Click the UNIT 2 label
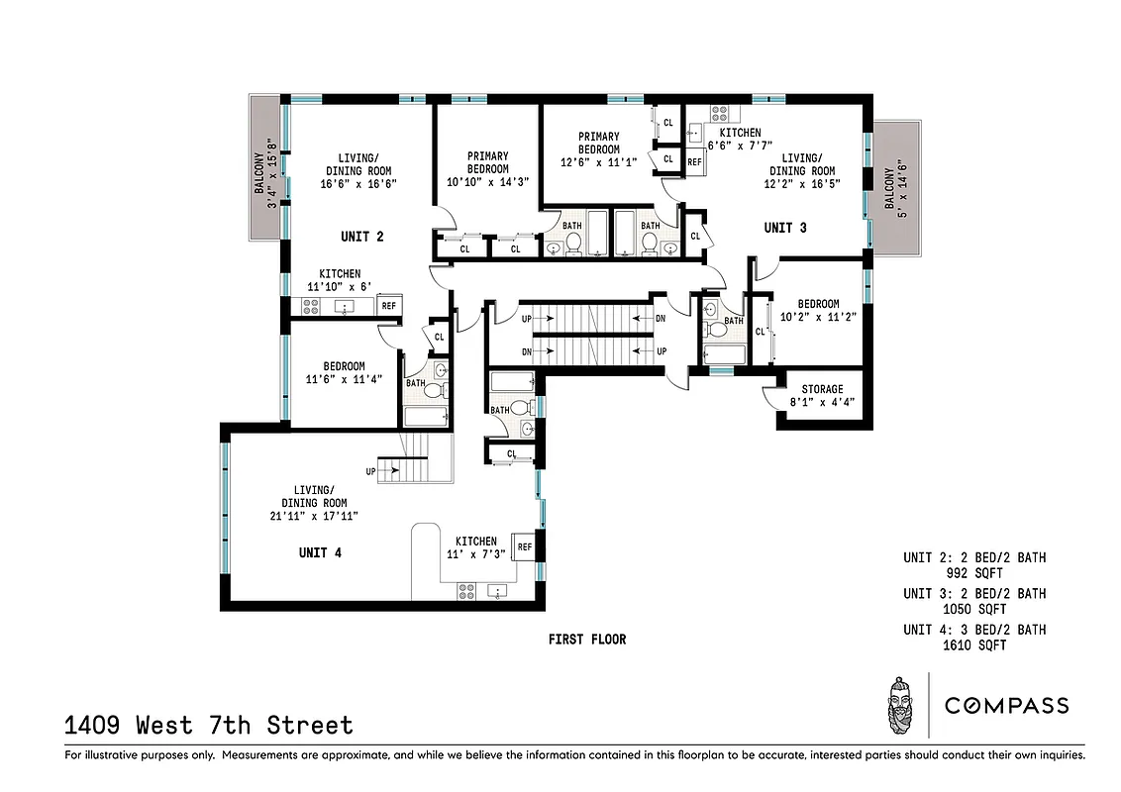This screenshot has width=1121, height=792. coord(361,237)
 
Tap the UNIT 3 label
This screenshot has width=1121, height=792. coord(785,228)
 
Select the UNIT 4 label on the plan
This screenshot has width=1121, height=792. coord(320,552)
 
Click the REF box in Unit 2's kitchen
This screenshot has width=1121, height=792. coord(388,306)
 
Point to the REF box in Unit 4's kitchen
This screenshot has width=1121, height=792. coord(525,546)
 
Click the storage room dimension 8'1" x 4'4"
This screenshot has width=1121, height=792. coord(822,403)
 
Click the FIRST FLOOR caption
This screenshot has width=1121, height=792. coord(587,640)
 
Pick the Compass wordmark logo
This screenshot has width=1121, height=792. coord(1006,706)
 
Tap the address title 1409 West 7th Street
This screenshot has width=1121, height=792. coord(209,726)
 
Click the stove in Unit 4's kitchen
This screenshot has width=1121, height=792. coord(466,591)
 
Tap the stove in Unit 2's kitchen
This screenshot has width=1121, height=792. coord(309,307)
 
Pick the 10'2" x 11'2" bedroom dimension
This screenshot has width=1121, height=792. coord(818,318)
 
